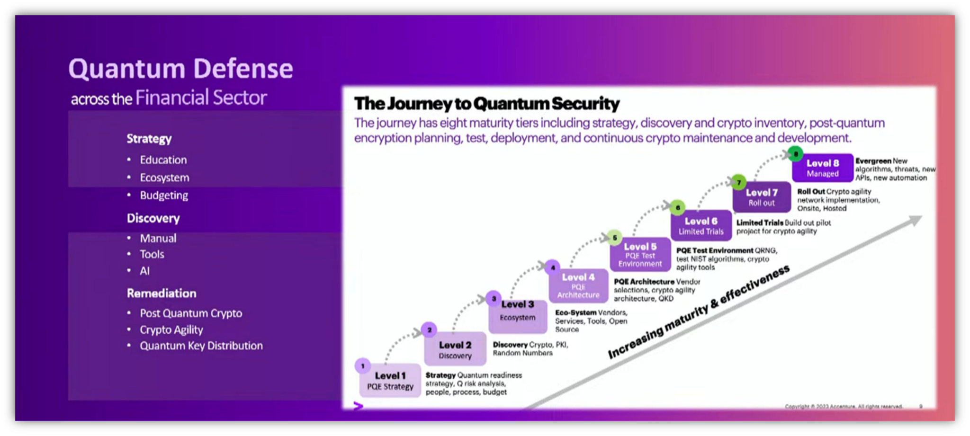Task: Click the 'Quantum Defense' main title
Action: point(180,69)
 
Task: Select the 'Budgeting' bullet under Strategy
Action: point(163,196)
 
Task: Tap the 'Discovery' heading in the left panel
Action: point(153,219)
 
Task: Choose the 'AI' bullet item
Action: point(144,271)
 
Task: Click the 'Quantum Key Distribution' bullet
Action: point(201,346)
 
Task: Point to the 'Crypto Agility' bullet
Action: point(171,330)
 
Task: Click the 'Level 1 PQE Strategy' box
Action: point(390,381)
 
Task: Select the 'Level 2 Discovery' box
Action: point(455,349)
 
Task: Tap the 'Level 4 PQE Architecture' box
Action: point(578,285)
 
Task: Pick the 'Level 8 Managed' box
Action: point(822,168)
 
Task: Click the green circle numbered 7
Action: point(738,183)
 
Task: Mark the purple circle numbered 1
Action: point(363,366)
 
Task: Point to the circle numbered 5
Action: point(614,238)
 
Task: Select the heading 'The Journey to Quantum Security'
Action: point(486,103)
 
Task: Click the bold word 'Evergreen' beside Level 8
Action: point(873,161)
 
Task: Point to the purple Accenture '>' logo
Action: point(358,406)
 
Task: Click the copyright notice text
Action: point(844,407)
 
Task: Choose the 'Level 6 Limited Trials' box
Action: point(701,226)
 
